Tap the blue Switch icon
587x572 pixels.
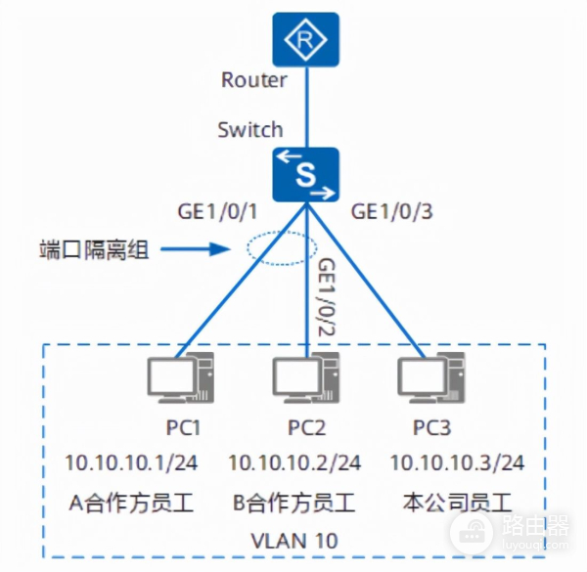[306, 174]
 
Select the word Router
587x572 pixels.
[254, 80]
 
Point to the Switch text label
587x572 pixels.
[250, 128]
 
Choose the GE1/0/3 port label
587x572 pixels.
[391, 210]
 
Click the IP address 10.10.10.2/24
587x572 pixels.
[294, 462]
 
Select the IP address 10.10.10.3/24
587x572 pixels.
[457, 462]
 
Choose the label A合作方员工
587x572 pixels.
[131, 505]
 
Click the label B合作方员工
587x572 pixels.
[294, 505]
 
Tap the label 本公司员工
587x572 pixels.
[457, 505]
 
